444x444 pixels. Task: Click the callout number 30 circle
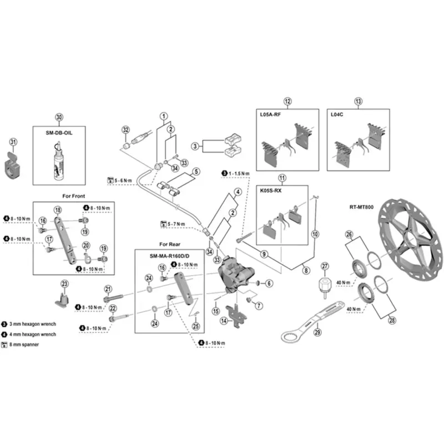point(59,117)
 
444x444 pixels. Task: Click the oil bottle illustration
point(60,160)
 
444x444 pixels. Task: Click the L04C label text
point(337,114)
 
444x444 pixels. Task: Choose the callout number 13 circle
point(358,101)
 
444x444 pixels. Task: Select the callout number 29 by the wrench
point(317,332)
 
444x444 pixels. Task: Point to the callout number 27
point(325,265)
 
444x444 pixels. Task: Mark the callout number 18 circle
point(57,209)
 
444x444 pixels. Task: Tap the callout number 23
point(64,284)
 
